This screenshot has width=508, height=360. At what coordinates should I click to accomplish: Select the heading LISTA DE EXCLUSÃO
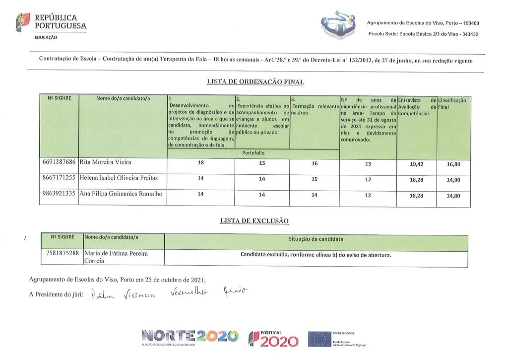coord(254,220)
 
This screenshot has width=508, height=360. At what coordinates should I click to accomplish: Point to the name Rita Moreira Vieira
coord(106,162)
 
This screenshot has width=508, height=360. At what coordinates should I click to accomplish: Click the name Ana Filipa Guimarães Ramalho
coord(121,194)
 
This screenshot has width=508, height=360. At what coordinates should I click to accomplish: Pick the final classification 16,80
coord(453,164)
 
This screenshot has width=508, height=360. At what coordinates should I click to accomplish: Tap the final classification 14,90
coord(453,180)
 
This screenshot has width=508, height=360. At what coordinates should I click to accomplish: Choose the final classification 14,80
coord(453,196)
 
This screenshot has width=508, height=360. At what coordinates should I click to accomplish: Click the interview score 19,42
coord(416,164)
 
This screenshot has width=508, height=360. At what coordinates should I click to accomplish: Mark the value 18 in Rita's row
coord(200,163)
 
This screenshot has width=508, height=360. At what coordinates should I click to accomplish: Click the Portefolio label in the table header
coord(253,153)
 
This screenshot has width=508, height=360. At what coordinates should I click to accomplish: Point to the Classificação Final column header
coord(452,103)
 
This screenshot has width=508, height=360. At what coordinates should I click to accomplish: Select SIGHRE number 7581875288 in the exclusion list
coord(62,254)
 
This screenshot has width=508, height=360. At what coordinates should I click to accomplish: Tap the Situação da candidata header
coord(316,239)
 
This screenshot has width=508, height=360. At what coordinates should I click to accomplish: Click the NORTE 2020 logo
coord(190,337)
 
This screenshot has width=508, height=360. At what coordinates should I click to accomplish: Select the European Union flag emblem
coord(319,339)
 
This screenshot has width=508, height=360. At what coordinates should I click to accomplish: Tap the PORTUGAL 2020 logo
coord(273,339)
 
